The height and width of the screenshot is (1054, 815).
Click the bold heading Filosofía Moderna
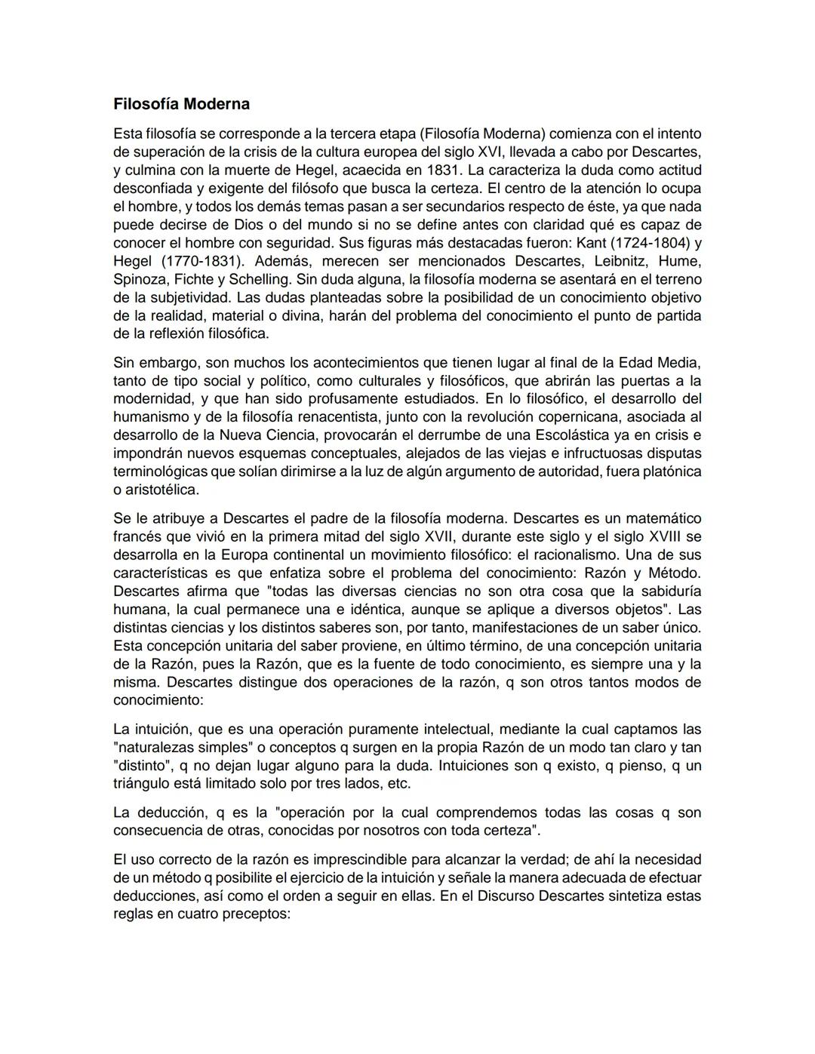tap(181, 103)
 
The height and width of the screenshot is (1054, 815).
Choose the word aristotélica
tap(162, 490)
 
